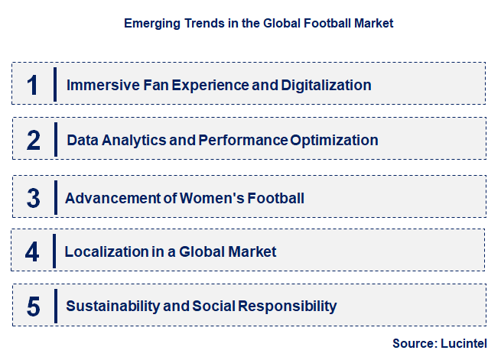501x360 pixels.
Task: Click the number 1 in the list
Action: (32, 84)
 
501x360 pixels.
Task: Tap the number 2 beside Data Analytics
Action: (33, 141)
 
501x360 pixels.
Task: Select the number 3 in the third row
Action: (33, 198)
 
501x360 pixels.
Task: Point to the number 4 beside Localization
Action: (32, 251)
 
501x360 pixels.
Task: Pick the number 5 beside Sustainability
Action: (33, 306)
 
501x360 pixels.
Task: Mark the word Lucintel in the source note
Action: (464, 344)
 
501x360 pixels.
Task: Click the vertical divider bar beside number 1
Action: (55, 84)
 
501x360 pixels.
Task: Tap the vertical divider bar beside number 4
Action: (54, 251)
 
